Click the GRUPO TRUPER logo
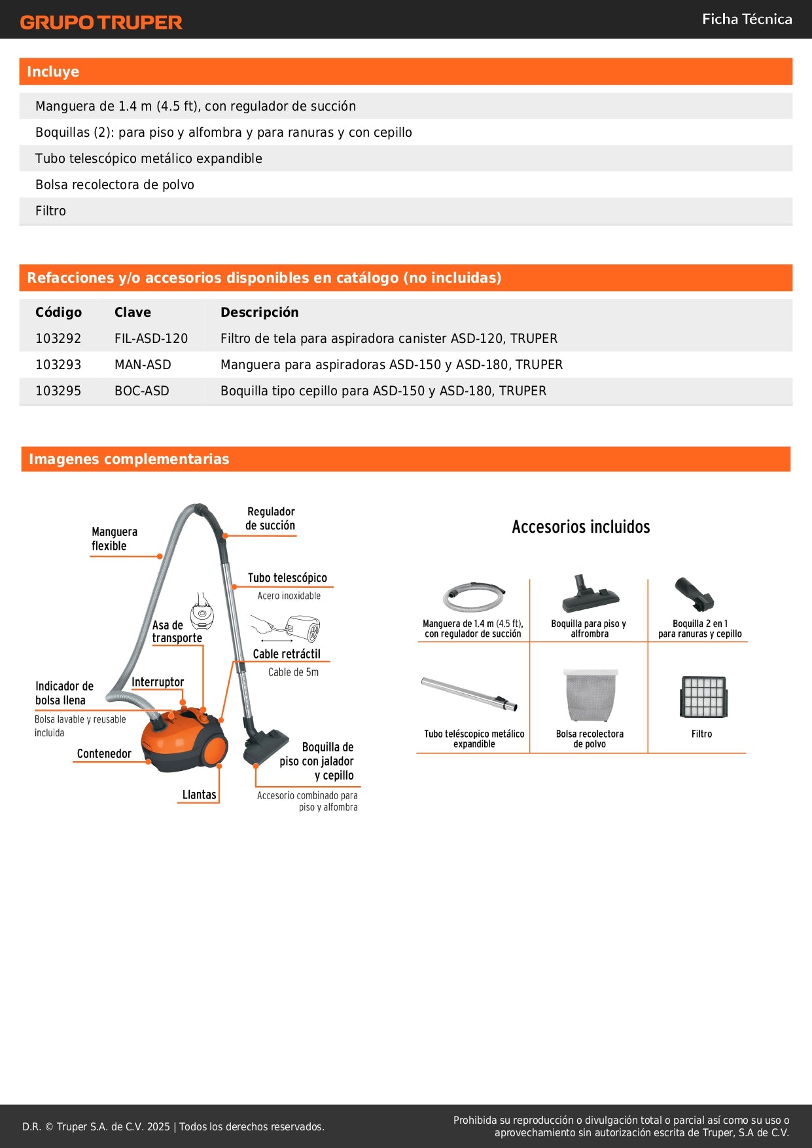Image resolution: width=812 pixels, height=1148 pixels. point(101,22)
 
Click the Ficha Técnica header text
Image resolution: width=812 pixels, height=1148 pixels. point(747,20)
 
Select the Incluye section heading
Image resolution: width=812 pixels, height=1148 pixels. point(53,72)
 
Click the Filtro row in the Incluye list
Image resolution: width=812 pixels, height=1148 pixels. point(51,211)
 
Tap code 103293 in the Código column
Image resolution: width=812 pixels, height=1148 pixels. point(58,365)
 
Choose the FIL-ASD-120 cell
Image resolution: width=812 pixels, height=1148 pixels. point(151,338)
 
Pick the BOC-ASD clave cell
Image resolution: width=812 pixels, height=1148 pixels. point(142,391)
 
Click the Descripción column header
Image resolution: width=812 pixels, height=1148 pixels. point(259,312)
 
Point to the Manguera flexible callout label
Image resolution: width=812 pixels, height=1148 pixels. point(115,539)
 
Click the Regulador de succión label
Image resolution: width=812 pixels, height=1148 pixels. point(270,518)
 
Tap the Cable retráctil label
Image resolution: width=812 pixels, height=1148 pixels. point(287,654)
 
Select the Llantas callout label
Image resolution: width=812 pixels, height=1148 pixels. point(199,795)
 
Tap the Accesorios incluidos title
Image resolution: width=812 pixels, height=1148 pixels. point(580,527)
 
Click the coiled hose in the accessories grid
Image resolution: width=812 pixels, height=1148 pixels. point(473,595)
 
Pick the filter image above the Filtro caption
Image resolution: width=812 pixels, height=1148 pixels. point(703,697)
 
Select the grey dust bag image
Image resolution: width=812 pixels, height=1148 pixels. point(590,694)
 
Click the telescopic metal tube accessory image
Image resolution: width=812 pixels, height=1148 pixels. point(469,694)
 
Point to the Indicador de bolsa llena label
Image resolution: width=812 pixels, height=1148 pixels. point(64,693)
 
